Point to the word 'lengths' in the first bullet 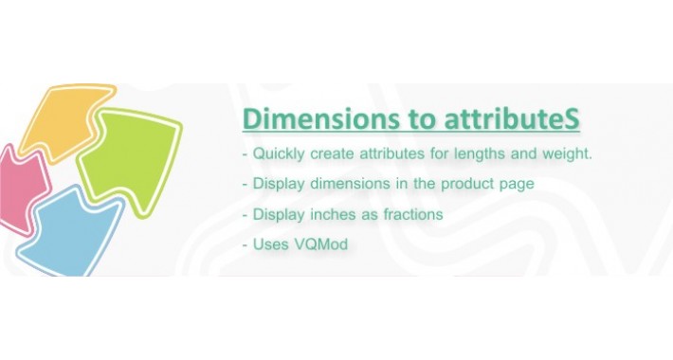(x=498, y=154)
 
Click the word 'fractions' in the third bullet (x=409, y=215)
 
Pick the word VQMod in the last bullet (x=319, y=245)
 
